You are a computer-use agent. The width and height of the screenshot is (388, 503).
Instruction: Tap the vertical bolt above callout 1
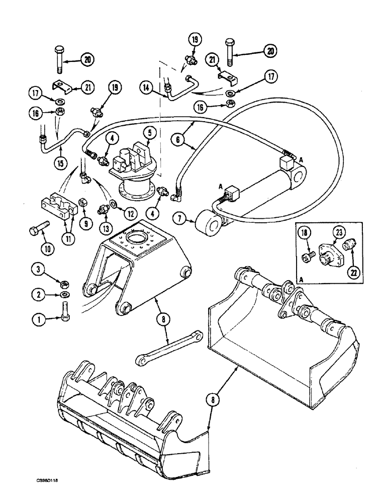click(x=65, y=310)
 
